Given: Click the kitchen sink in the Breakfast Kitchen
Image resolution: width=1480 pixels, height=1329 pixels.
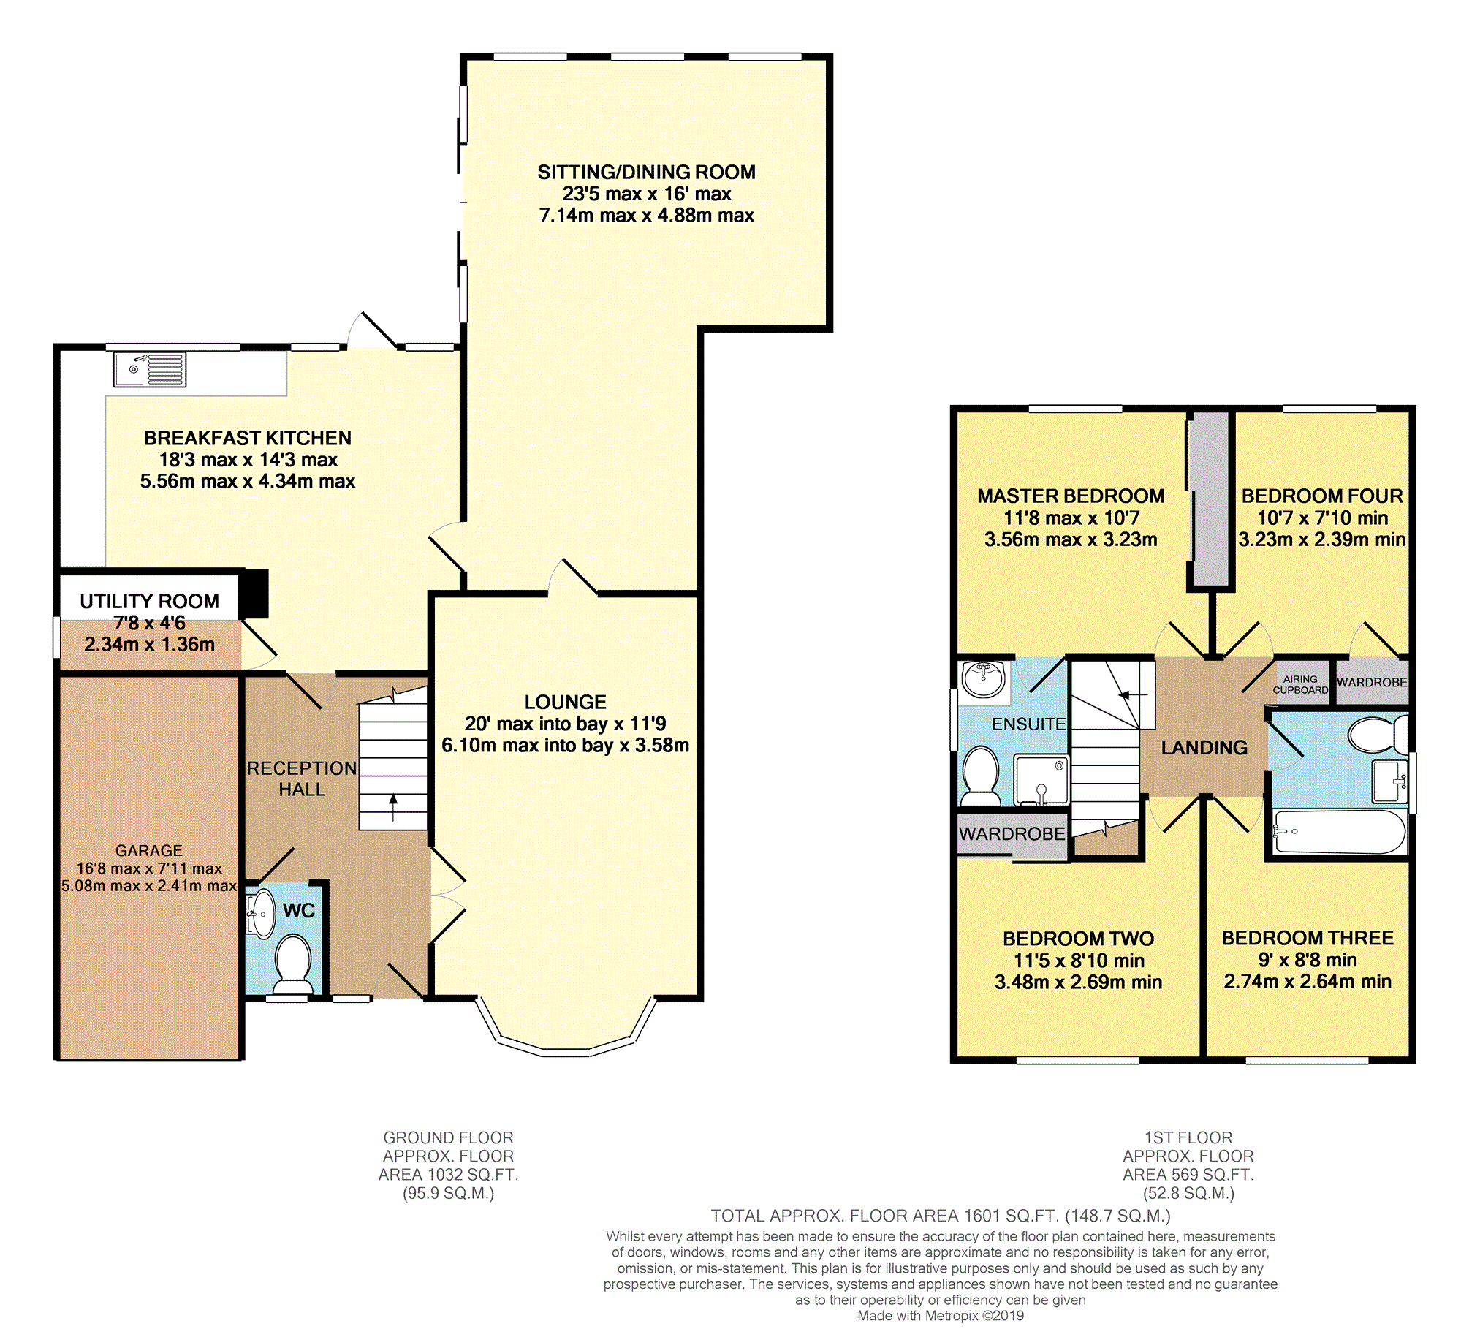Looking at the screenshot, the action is (x=150, y=369).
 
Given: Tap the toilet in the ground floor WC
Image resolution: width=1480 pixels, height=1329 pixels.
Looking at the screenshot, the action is (x=294, y=963).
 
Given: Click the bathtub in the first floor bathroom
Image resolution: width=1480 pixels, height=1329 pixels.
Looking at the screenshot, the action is (x=1339, y=831).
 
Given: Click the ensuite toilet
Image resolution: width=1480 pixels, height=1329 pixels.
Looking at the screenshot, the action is (x=981, y=776).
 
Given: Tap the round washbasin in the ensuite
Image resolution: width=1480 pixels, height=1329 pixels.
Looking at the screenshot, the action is (x=983, y=679).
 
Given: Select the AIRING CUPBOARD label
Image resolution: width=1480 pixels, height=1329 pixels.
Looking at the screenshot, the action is (x=1300, y=684).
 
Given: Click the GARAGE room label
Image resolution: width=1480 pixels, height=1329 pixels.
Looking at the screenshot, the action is (x=148, y=850).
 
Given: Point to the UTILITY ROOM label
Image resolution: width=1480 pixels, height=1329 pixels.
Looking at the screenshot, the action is (x=149, y=601).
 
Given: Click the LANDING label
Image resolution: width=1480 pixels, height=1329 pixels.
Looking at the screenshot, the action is (x=1204, y=747).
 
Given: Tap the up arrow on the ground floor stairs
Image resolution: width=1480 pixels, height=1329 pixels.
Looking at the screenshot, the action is (x=393, y=807).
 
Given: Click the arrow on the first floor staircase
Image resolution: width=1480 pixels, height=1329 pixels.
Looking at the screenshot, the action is (x=1133, y=694).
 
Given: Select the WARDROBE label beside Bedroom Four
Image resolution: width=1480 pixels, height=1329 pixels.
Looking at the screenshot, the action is (x=1371, y=682).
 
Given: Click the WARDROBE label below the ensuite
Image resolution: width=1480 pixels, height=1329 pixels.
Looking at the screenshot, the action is (x=1012, y=833).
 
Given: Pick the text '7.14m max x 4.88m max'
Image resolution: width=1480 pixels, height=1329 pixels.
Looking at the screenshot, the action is (x=646, y=215).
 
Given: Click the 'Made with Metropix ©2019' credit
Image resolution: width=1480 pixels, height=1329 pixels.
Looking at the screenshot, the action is (x=941, y=1316).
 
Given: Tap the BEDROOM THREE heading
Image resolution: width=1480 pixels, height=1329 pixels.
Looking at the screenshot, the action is (x=1308, y=938).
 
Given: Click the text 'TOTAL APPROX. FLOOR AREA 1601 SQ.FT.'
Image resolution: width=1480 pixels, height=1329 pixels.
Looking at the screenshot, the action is (x=885, y=1216).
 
